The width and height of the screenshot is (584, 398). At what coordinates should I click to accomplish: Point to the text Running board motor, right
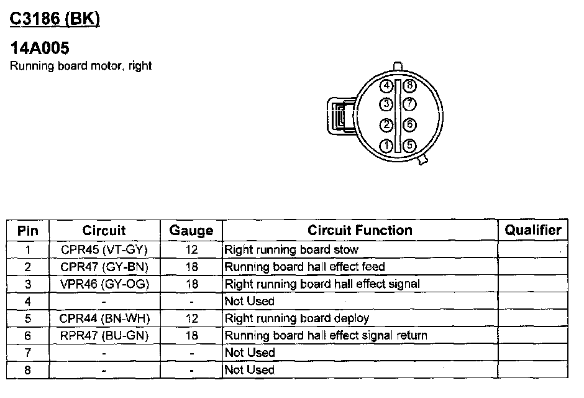pyautogui.click(x=81, y=66)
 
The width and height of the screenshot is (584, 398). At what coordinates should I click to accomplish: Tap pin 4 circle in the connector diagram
pyautogui.click(x=386, y=86)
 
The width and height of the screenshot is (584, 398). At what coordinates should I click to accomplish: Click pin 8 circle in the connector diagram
pyautogui.click(x=408, y=86)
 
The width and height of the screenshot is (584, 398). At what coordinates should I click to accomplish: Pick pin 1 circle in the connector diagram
pyautogui.click(x=386, y=146)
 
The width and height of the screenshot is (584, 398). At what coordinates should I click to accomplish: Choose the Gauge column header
pyautogui.click(x=191, y=231)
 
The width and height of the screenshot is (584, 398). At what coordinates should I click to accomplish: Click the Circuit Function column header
pyautogui.click(x=360, y=231)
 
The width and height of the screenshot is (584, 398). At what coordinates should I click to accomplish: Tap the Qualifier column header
pyautogui.click(x=532, y=231)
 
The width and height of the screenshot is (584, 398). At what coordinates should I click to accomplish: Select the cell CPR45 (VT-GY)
pyautogui.click(x=104, y=250)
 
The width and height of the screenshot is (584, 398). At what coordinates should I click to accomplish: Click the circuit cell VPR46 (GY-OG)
pyautogui.click(x=104, y=284)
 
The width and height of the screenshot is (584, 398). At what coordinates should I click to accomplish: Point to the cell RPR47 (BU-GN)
pyautogui.click(x=104, y=336)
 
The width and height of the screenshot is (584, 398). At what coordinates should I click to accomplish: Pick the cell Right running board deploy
pyautogui.click(x=296, y=318)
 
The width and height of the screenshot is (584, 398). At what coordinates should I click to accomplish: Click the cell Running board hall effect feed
pyautogui.click(x=304, y=267)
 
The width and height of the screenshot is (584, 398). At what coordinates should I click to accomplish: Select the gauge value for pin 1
pyautogui.click(x=191, y=250)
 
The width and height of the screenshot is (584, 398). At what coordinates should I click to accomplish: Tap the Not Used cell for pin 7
pyautogui.click(x=249, y=353)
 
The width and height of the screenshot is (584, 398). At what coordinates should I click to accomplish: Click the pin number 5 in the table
pyautogui.click(x=28, y=318)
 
